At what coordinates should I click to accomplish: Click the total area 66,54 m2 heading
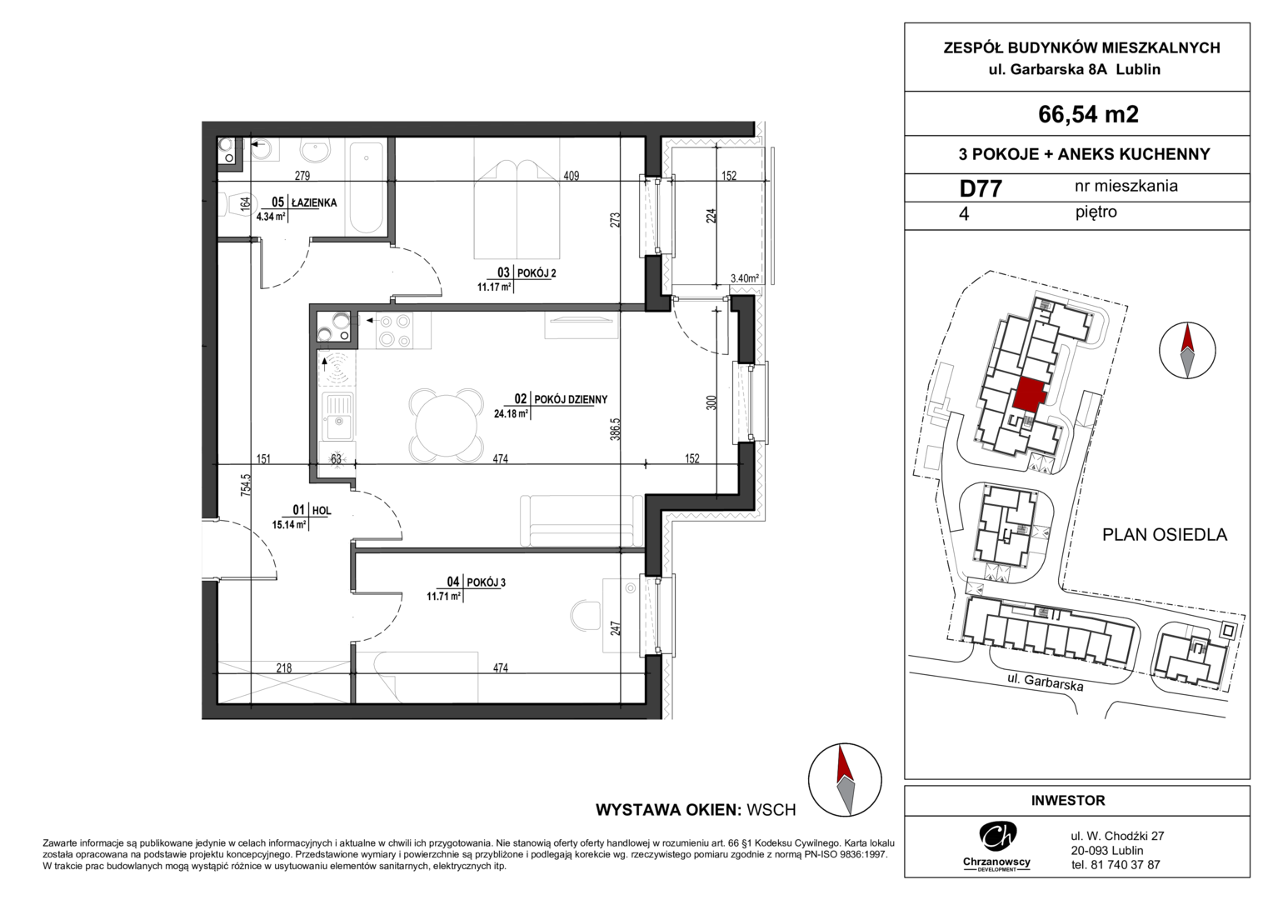click(x=1088, y=114)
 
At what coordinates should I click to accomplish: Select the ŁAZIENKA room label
click(x=314, y=202)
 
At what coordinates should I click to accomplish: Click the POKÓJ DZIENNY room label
click(x=572, y=400)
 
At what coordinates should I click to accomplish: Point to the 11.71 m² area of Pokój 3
click(x=443, y=597)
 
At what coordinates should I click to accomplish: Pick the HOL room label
click(x=321, y=511)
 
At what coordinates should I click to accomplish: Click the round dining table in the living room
click(x=447, y=425)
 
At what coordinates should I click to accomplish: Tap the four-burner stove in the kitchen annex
click(x=395, y=330)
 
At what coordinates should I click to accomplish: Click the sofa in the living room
click(x=582, y=521)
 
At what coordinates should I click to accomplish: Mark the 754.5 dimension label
click(x=246, y=486)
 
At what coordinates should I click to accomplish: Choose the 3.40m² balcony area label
click(x=745, y=278)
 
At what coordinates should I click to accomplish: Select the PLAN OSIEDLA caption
click(x=1165, y=534)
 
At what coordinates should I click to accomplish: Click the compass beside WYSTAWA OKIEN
click(x=845, y=780)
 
